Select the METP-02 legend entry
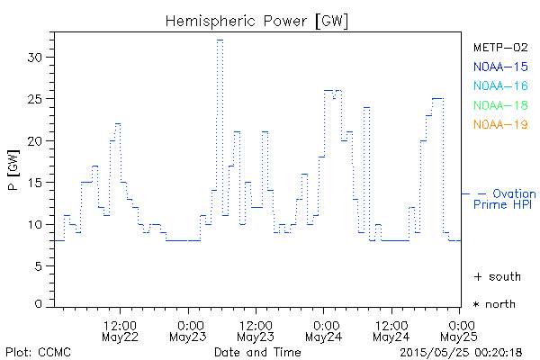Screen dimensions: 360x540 (x=500, y=47)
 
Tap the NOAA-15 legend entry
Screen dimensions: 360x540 (x=500, y=67)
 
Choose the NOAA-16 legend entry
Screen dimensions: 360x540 (x=500, y=85)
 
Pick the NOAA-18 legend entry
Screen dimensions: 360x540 (x=500, y=105)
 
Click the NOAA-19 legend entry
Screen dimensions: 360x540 (x=500, y=124)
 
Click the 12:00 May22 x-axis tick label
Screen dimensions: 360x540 (x=120, y=330)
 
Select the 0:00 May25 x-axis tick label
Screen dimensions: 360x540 (x=460, y=330)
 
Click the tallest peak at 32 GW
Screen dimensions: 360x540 (x=220, y=40)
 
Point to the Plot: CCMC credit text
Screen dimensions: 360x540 (x=39, y=351)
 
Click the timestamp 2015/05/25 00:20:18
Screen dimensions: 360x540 (x=462, y=351)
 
